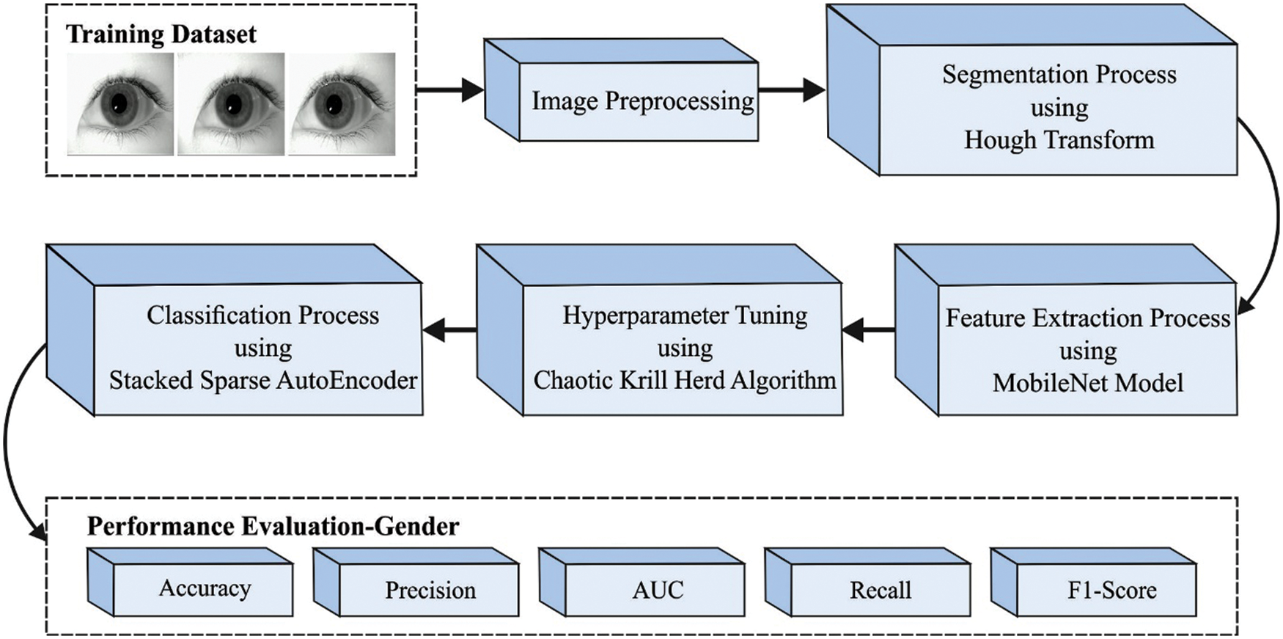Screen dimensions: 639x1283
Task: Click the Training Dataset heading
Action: tap(161, 34)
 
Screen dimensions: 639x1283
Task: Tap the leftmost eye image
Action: tap(120, 103)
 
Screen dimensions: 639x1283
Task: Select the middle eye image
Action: tap(231, 103)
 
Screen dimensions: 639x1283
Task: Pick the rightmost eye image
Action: tap(342, 103)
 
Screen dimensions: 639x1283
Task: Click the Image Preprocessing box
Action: tap(642, 101)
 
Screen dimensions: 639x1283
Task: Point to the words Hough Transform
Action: tap(1059, 139)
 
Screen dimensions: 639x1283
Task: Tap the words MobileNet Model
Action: tap(1088, 383)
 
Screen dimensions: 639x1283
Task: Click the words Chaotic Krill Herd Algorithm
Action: tap(685, 380)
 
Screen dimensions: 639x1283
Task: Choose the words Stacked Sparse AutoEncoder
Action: tap(263, 380)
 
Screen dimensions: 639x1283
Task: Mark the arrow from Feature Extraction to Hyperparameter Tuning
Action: tap(868, 330)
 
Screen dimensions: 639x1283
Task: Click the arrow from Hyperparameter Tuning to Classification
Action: tap(449, 330)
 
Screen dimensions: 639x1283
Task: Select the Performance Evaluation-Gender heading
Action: tap(273, 526)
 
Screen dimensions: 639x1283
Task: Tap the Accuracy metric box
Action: tap(205, 588)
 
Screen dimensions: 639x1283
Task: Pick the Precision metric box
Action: tap(430, 590)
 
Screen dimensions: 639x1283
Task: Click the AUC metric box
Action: tap(658, 590)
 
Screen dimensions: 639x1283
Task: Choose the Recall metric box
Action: tap(881, 590)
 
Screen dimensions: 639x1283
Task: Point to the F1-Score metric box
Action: tap(1111, 590)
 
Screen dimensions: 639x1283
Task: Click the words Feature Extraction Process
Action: tap(1088, 318)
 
